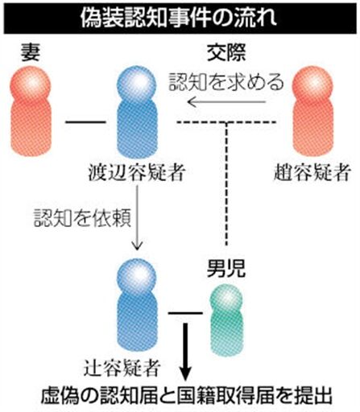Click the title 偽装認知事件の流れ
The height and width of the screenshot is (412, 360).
[179, 19]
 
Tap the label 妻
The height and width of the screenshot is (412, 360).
[31, 52]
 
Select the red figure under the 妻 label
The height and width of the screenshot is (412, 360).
[31, 111]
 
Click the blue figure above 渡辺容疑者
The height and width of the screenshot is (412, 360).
[137, 113]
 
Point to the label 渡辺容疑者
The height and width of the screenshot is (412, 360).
[137, 172]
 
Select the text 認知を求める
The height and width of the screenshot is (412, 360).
[226, 81]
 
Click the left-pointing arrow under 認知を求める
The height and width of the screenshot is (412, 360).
[226, 102]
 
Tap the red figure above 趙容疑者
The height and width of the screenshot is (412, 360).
[313, 111]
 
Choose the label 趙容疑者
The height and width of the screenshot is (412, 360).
[312, 172]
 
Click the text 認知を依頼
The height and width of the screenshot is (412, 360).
[82, 218]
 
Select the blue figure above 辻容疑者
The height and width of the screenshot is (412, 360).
[137, 305]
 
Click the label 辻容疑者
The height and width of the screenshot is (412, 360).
[122, 368]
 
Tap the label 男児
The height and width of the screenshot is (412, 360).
[226, 269]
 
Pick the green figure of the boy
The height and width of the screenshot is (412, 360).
[227, 320]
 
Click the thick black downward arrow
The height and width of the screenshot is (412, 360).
[185, 352]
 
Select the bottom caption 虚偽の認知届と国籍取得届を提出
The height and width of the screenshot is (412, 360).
[187, 395]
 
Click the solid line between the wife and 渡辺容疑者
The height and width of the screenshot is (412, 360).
[85, 122]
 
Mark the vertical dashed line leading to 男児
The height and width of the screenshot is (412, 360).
[226, 184]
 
